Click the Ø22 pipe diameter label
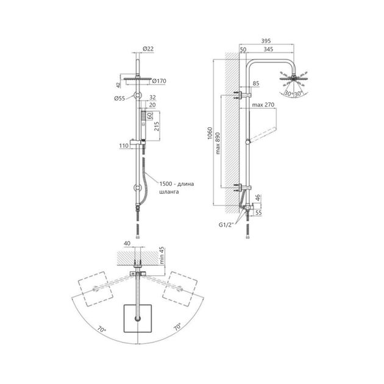click(x=148, y=49)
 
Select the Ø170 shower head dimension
click(x=159, y=81)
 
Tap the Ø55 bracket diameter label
click(x=119, y=99)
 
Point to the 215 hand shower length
click(x=157, y=126)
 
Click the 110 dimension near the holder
click(x=124, y=146)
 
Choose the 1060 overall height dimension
click(x=210, y=133)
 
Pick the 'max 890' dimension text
click(x=218, y=143)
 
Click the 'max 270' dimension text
click(x=263, y=105)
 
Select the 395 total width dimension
click(x=266, y=41)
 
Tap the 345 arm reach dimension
click(x=268, y=49)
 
